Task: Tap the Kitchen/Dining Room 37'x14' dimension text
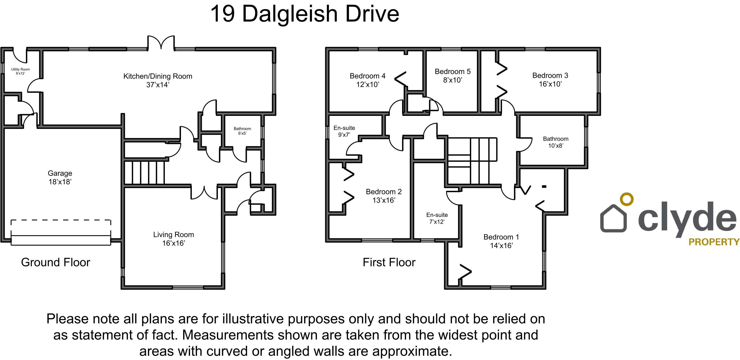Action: coord(158,85)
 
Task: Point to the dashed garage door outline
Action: coord(61,220)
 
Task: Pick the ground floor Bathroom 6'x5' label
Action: coord(242,131)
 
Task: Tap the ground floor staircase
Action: coord(144,172)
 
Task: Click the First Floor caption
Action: coord(389,262)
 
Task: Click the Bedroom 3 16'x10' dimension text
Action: coord(550,84)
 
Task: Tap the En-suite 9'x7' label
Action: coord(344,131)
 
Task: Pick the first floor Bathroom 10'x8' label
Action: coord(556,142)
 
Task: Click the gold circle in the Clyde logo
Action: coord(627,199)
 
